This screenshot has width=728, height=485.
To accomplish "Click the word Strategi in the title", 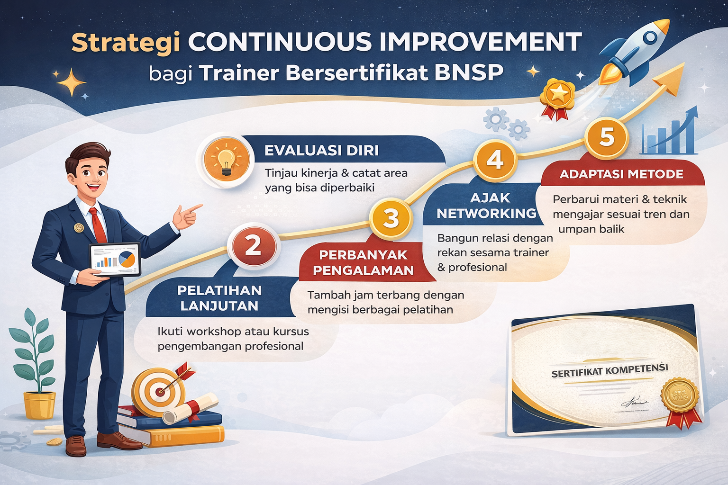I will [x=126, y=43].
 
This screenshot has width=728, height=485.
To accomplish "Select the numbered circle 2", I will [x=253, y=245].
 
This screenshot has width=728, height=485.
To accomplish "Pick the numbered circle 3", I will [x=391, y=218].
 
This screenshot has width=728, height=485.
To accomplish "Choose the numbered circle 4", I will [x=494, y=160].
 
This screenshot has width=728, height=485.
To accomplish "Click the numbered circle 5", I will [x=607, y=136].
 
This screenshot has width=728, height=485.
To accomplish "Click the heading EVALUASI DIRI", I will [x=321, y=151].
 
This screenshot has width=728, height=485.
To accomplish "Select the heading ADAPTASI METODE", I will [x=621, y=174].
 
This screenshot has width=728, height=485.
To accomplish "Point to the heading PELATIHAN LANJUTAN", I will [x=219, y=298].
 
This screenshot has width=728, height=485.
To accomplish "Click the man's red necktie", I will [x=98, y=225].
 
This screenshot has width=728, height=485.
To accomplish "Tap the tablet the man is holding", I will [x=116, y=259].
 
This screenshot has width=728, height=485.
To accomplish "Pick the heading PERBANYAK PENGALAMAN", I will [x=363, y=262].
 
